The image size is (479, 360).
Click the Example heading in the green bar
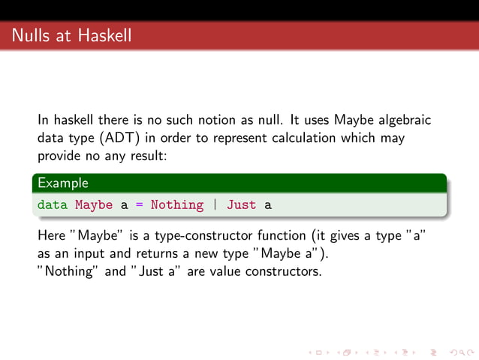[63, 183]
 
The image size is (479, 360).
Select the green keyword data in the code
[53, 204]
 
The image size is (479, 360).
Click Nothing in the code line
[176, 204]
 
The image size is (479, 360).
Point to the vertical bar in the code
[215, 204]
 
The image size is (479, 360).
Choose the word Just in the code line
[241, 204]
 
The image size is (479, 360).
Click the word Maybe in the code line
[94, 204]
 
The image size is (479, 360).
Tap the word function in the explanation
[287, 236]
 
